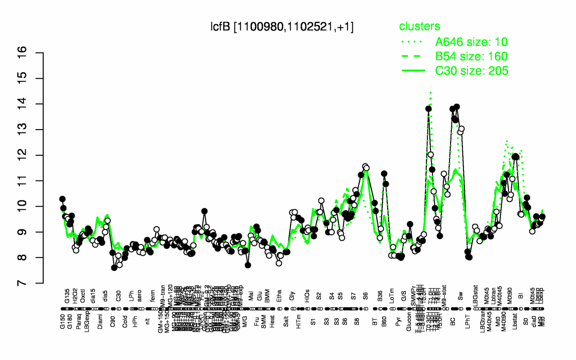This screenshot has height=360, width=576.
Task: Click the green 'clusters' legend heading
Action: [419, 27]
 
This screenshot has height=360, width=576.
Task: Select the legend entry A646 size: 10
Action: [471, 42]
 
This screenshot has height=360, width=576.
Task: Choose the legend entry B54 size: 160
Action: [471, 56]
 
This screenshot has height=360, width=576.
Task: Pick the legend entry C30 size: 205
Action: [471, 71]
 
